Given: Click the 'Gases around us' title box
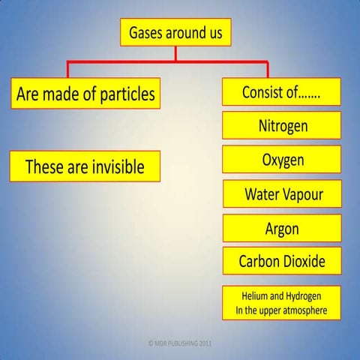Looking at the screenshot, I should [175, 33].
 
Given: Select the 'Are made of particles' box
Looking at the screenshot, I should [85, 94].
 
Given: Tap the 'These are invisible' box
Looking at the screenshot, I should [85, 166].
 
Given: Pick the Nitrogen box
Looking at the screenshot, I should [282, 125].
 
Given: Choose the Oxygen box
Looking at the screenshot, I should [282, 160].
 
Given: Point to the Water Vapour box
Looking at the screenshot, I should [282, 194].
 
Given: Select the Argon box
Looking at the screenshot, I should [282, 228].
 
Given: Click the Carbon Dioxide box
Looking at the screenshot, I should [282, 262].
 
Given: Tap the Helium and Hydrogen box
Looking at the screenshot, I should [282, 303].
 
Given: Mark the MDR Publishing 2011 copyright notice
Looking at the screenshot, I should [180, 343].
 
